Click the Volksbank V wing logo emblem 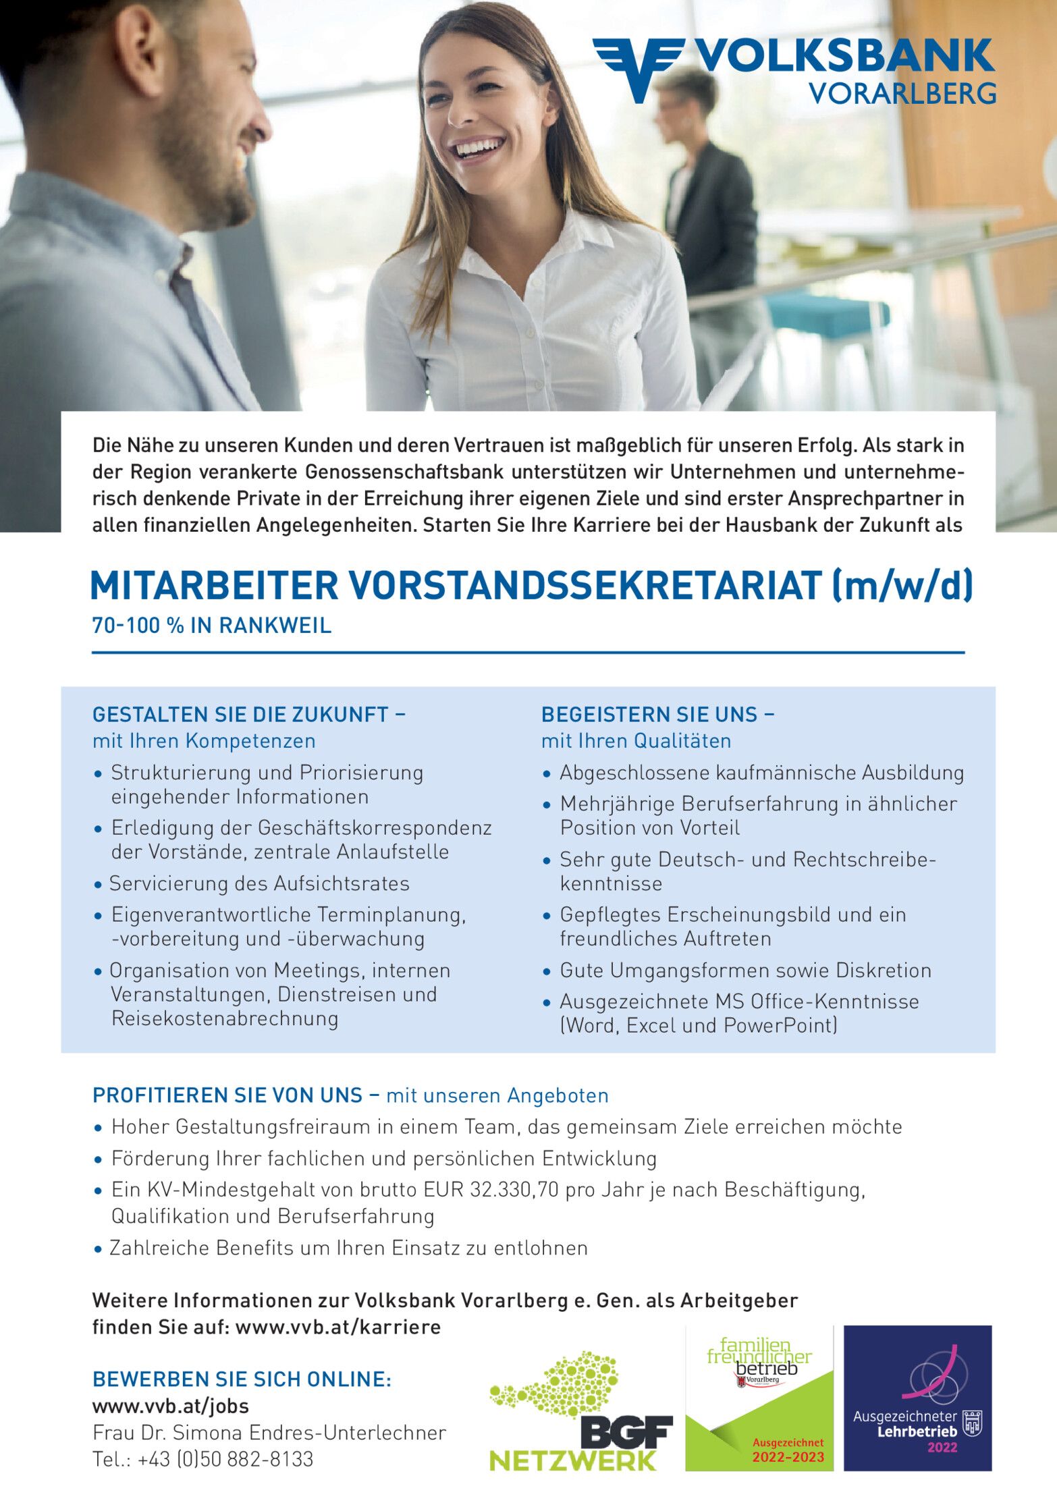click(x=638, y=67)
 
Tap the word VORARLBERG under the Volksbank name click(x=902, y=93)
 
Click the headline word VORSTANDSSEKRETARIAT click(x=585, y=585)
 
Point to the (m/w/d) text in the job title click(x=903, y=585)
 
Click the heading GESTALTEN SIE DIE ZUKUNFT click(x=240, y=714)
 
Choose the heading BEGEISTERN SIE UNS click(x=649, y=714)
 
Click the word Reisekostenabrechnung click(x=225, y=1018)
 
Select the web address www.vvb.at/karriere click(x=338, y=1327)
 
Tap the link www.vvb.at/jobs click(x=171, y=1406)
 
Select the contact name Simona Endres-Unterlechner click(x=310, y=1433)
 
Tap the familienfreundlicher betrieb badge click(x=759, y=1399)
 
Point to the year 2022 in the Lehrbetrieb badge click(x=942, y=1447)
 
